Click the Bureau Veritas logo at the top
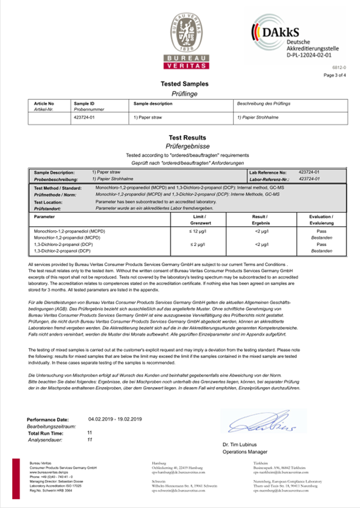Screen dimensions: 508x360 click(186, 42)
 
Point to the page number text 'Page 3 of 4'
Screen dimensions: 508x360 click(335, 75)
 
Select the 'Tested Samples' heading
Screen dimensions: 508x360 click(184, 84)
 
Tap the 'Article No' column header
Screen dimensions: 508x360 click(44, 103)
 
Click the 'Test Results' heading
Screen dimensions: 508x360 click(187, 138)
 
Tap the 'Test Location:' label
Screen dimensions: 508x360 click(50, 202)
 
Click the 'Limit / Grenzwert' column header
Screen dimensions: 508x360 click(198, 220)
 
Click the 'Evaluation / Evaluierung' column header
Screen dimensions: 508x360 click(321, 220)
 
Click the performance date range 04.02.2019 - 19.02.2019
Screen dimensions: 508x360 click(115, 419)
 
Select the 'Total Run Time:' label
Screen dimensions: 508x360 click(45, 433)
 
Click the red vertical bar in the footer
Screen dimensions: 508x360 click(16, 478)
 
